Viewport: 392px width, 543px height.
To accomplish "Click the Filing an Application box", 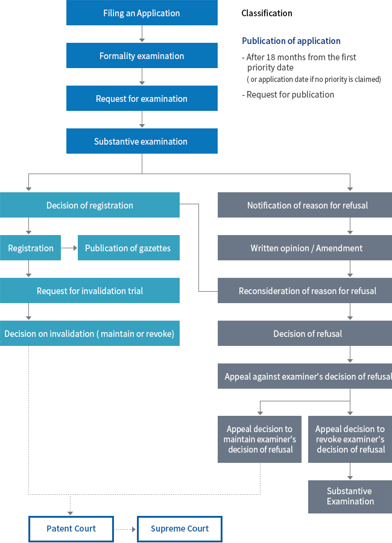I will (142, 13).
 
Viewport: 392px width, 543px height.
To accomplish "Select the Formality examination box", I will (142, 56).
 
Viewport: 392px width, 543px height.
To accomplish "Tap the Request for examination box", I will (142, 99).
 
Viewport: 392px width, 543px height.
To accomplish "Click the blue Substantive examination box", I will (142, 142).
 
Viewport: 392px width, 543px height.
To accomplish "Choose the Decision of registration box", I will (90, 206).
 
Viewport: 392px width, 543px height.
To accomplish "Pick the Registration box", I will (30, 248).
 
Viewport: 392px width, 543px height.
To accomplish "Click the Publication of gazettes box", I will (128, 248).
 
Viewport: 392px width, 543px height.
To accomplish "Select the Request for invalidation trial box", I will (90, 291).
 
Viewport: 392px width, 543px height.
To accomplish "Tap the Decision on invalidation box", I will (90, 334).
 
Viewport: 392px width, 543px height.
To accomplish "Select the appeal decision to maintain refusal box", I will (260, 439).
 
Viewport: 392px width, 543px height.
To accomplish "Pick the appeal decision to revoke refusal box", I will (350, 439).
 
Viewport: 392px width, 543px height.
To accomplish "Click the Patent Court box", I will (71, 529).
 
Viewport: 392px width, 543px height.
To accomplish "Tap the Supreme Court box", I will (180, 529).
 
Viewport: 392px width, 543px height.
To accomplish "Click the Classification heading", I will (267, 13).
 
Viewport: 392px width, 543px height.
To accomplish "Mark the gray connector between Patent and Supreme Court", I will (125, 529).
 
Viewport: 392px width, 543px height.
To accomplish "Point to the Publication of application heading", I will (291, 41).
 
